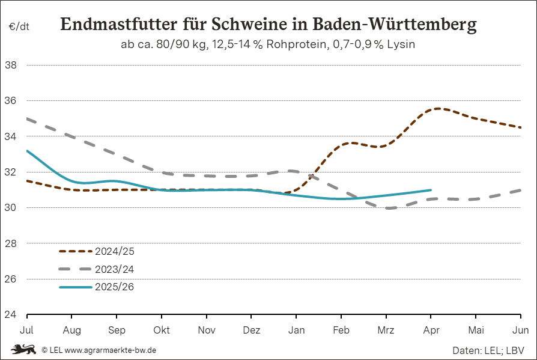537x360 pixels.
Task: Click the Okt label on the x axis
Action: (x=162, y=330)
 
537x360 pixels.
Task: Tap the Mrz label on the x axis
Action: (x=386, y=330)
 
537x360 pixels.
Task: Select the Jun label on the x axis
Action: (x=521, y=330)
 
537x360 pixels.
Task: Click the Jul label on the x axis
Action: (x=26, y=330)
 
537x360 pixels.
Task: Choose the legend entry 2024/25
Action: (x=114, y=251)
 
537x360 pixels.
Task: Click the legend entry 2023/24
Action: (x=114, y=269)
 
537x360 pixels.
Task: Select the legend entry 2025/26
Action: (x=114, y=287)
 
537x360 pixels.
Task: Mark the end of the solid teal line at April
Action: (x=431, y=190)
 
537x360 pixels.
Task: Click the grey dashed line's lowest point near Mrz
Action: (x=390, y=208)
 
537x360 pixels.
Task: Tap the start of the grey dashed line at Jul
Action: (x=27, y=118)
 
